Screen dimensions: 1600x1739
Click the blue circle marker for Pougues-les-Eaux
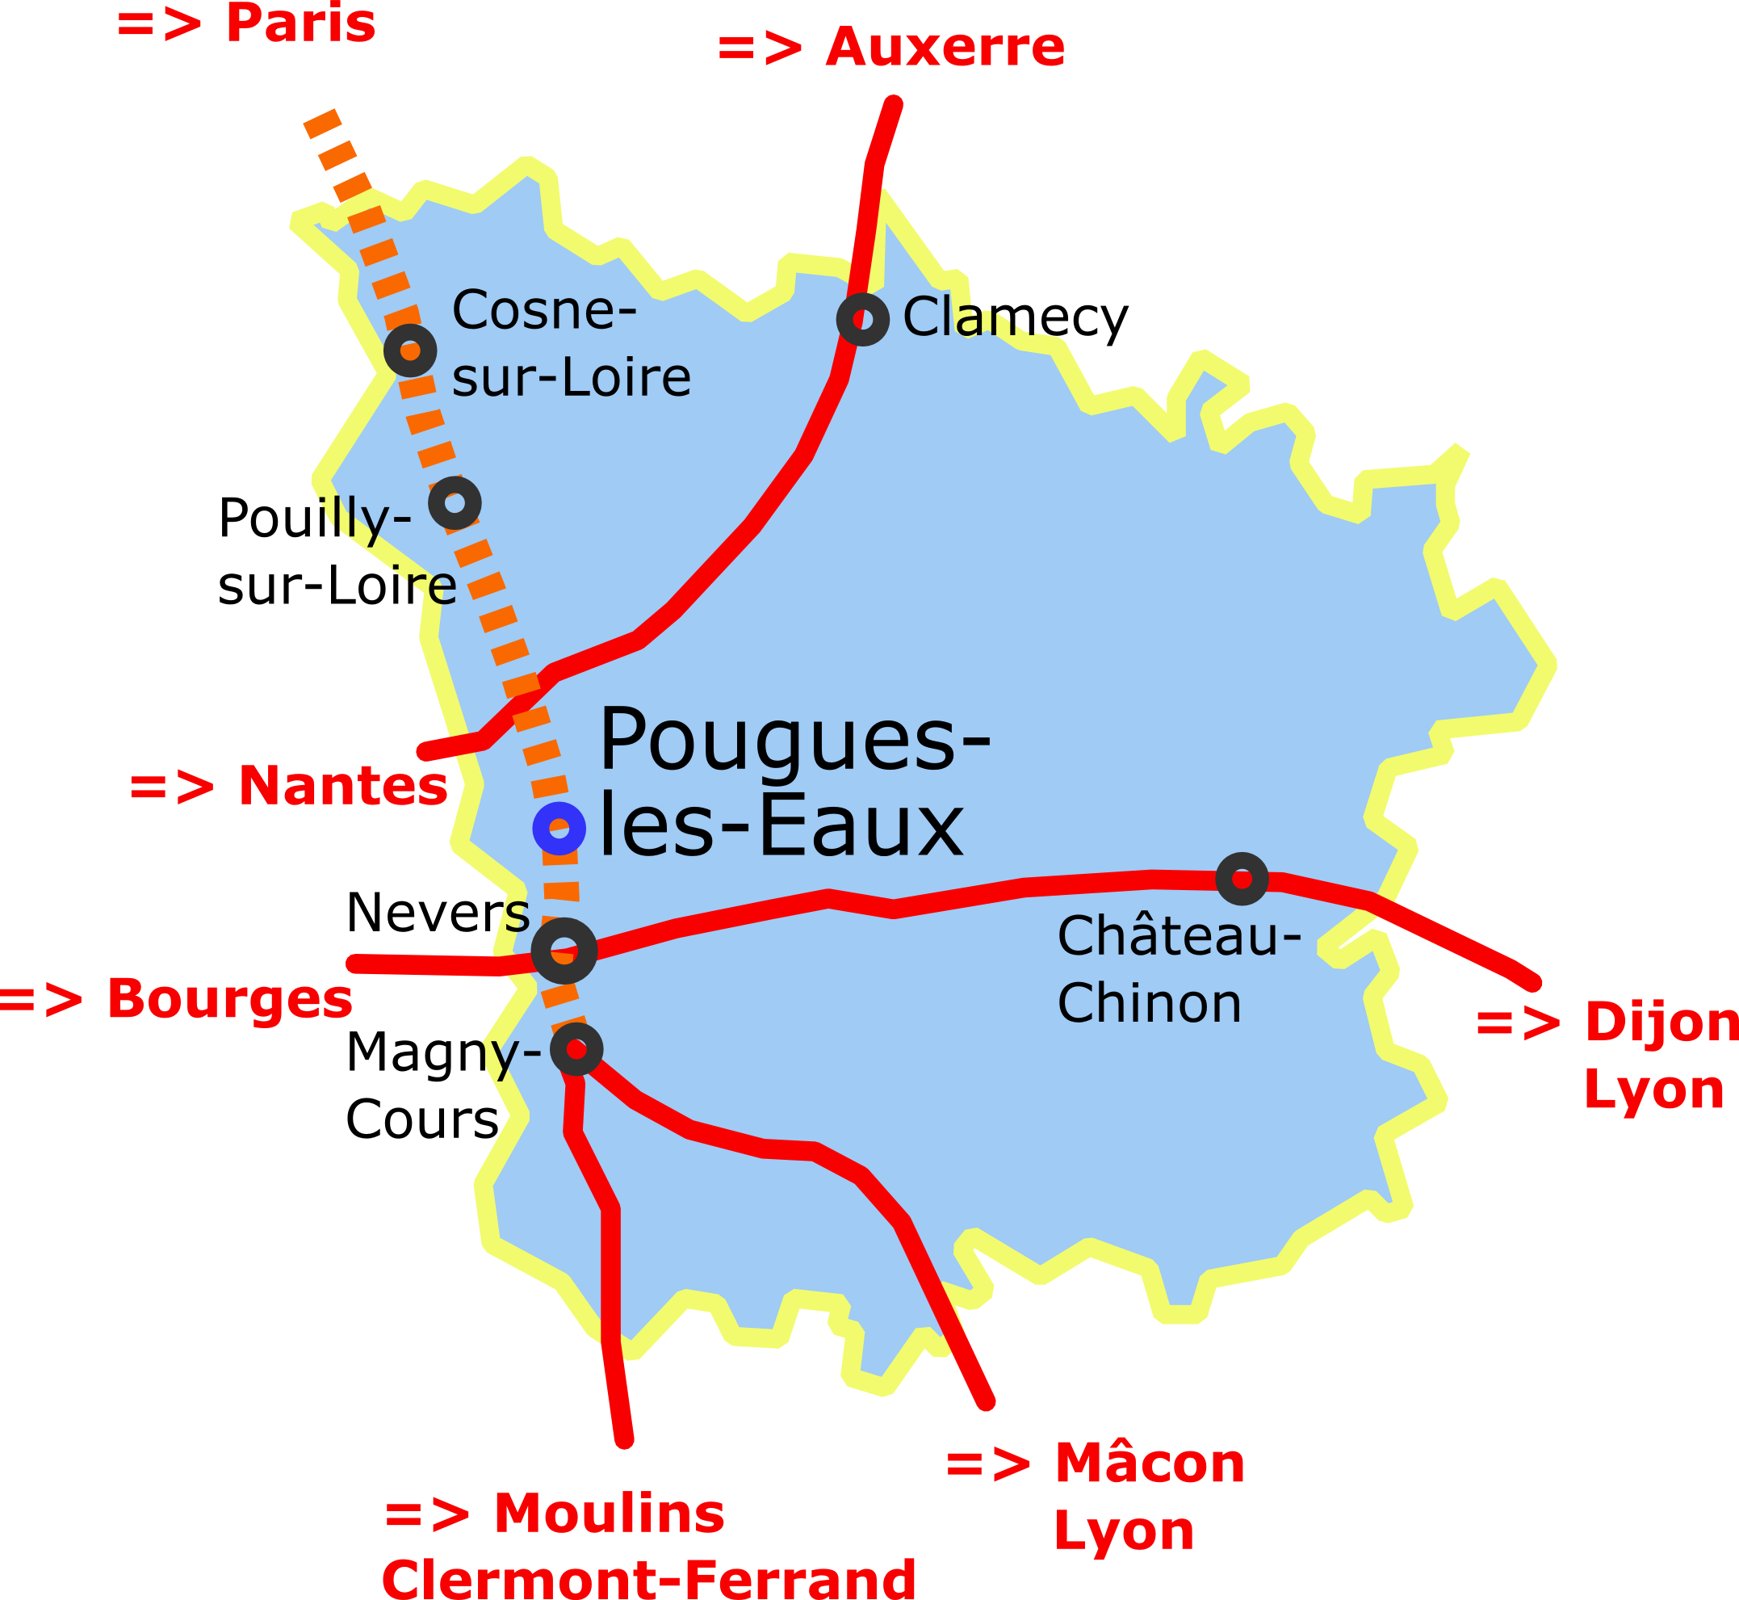[559, 829]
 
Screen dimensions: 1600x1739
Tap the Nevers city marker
[564, 951]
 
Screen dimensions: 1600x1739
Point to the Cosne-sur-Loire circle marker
[409, 351]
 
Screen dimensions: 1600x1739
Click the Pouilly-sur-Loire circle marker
[455, 503]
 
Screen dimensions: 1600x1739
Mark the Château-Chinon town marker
[1241, 879]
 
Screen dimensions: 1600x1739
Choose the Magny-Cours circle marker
[576, 1049]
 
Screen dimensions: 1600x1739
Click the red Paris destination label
[300, 23]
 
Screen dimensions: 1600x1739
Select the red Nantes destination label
[343, 786]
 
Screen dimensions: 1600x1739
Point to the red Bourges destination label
[229, 998]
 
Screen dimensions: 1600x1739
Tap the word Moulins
[609, 1514]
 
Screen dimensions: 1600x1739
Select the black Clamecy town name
[1016, 317]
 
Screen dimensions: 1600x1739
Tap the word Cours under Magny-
[421, 1119]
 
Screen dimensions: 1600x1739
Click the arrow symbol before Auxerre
[759, 48]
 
